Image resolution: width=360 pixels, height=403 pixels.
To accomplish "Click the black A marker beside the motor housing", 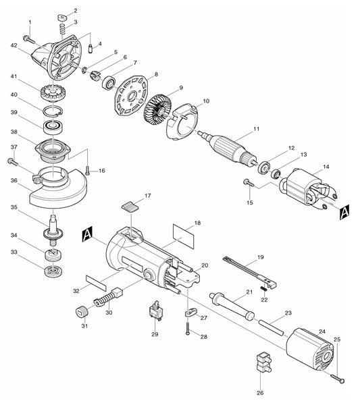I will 86,234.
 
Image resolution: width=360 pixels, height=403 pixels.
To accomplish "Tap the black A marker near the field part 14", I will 344,211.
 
